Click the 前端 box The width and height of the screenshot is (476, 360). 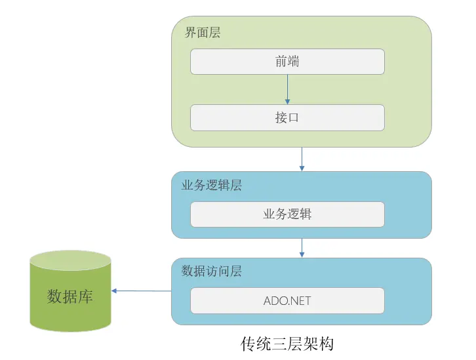287,62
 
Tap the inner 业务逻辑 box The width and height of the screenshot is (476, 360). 287,214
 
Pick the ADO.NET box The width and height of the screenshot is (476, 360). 287,301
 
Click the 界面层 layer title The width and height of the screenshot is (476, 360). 202,33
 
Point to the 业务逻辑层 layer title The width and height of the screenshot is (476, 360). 211,186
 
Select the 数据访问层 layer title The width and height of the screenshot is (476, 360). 211,271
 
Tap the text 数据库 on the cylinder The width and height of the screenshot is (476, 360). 70,296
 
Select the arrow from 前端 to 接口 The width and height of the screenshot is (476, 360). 287,89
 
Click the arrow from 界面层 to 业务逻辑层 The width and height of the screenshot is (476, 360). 302,159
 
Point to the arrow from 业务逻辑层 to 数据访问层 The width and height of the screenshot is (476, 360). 302,247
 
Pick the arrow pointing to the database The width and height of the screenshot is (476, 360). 141,290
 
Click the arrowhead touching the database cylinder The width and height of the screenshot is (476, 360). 114,290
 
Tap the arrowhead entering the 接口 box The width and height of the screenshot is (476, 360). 287,102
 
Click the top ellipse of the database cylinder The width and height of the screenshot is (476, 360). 70,260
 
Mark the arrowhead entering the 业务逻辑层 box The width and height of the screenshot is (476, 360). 302,169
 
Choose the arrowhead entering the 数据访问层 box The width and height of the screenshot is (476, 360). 302,254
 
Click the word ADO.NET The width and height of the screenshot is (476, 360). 287,301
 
